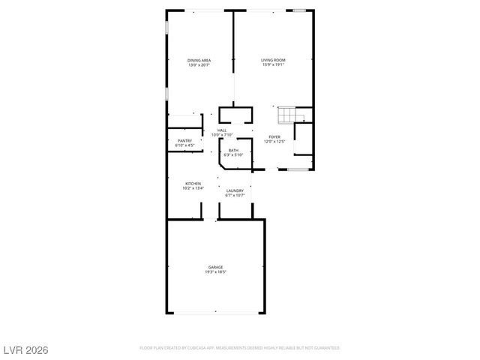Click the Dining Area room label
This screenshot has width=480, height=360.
tap(199, 60)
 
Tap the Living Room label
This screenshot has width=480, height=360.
tap(273, 60)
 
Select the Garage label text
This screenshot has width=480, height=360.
tap(215, 267)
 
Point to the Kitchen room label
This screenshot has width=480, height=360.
tap(193, 184)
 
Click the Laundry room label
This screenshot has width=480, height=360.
tap(234, 190)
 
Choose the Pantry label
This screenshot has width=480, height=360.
tap(184, 140)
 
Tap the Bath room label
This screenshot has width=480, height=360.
tap(233, 150)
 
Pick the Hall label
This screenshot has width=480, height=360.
tap(222, 130)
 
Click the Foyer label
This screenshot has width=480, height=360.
tap(274, 136)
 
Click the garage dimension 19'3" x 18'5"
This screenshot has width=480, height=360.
tap(215, 271)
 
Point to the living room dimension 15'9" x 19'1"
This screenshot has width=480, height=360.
tap(273, 64)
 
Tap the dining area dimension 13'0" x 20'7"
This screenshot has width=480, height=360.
tap(199, 64)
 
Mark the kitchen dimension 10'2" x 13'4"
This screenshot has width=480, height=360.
tap(193, 188)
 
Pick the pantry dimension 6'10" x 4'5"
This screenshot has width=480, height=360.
tap(184, 145)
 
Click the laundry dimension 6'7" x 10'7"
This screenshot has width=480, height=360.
tap(234, 195)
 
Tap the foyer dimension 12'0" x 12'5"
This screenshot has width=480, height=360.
tap(274, 141)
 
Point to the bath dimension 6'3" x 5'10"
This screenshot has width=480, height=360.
tap(233, 154)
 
